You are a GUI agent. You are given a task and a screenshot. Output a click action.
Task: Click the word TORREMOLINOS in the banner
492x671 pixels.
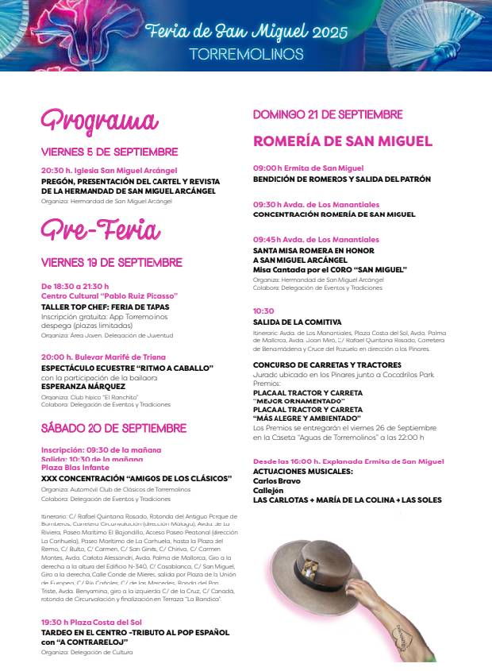[x=246, y=54]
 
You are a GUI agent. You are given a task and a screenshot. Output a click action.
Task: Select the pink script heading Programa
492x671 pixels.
[x=99, y=121]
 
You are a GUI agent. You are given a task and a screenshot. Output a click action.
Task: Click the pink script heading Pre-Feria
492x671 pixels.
[x=100, y=230]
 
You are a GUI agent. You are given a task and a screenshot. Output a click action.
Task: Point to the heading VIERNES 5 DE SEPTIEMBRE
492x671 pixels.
[x=110, y=152]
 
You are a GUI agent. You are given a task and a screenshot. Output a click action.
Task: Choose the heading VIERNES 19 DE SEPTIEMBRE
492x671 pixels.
[x=112, y=262]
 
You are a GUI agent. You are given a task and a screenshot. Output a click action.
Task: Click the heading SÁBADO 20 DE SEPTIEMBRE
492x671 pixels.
[x=113, y=428]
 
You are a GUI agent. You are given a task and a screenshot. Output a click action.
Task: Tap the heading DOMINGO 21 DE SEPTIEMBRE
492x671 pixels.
[x=328, y=114]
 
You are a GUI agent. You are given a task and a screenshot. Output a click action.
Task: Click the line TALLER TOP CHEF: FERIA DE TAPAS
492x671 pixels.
[x=105, y=307]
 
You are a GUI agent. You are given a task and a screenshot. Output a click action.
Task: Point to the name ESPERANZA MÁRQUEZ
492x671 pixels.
[x=83, y=387]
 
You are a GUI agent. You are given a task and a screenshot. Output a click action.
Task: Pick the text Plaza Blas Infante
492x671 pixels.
[x=75, y=468]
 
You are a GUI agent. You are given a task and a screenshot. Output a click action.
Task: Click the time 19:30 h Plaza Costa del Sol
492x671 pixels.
[x=91, y=622]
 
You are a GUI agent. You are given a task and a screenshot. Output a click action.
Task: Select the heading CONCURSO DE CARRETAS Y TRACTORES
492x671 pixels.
[x=327, y=365]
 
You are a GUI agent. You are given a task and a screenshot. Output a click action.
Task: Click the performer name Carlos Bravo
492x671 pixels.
[x=276, y=480]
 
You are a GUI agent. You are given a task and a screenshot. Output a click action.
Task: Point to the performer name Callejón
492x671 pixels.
[x=268, y=490]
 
